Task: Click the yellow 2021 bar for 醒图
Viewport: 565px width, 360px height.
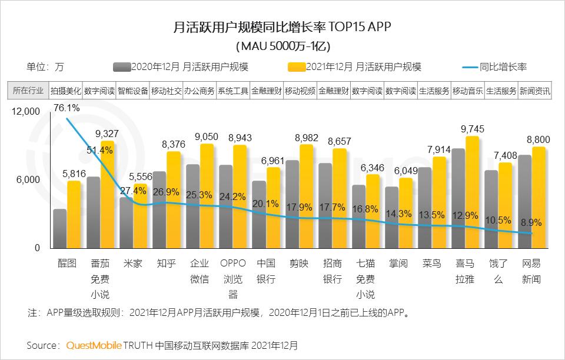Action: coord(74,215)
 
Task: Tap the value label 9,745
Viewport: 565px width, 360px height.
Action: coord(471,128)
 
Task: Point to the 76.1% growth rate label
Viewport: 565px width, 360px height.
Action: coord(67,108)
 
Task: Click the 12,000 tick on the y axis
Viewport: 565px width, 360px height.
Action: coord(25,111)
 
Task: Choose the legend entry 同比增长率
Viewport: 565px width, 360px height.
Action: coord(503,67)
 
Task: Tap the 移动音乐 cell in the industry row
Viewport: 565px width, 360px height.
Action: coord(467,91)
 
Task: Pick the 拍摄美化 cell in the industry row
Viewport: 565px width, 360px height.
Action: coord(65,91)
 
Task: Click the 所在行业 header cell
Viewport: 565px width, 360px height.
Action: coord(28,91)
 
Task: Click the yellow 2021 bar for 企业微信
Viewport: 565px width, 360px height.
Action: coord(207,196)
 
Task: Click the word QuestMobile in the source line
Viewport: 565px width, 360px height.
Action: coord(94,345)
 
